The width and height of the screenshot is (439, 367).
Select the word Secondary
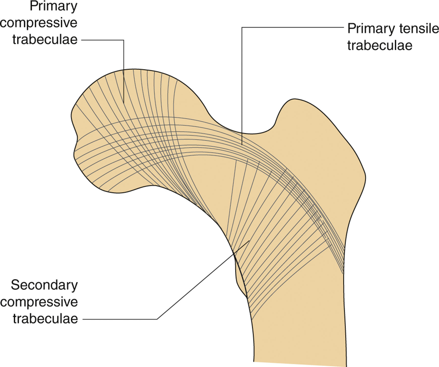[x=44, y=285]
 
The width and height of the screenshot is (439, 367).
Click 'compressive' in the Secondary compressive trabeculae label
[x=39, y=302]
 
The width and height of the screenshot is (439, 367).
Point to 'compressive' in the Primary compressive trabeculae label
[x=39, y=23]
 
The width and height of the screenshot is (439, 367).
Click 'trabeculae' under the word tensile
[x=380, y=46]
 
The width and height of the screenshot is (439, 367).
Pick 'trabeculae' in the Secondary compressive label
[x=45, y=319]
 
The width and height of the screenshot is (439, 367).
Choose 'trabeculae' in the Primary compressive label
[x=45, y=40]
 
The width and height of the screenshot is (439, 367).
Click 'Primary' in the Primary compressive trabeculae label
[x=53, y=6]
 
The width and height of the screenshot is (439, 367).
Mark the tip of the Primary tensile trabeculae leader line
[x=242, y=145]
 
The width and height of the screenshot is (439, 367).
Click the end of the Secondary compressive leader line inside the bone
[x=249, y=241]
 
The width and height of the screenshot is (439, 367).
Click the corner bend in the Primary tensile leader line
[x=242, y=27]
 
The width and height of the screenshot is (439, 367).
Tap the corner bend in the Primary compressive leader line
[x=124, y=40]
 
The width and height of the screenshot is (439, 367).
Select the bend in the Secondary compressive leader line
[x=157, y=319]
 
